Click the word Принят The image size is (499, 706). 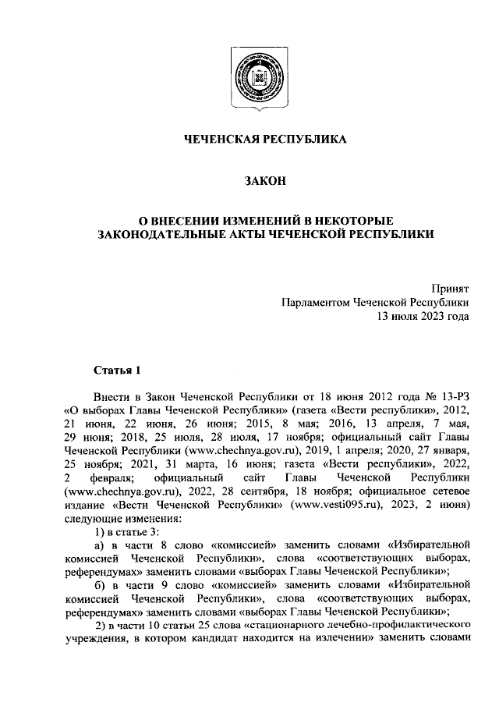[451, 289]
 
